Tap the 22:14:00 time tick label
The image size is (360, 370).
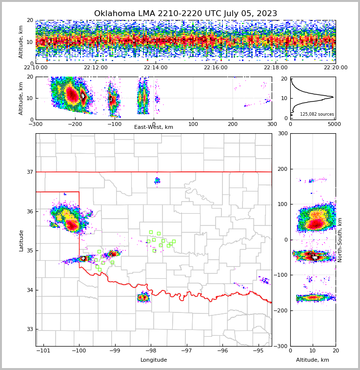[156, 68]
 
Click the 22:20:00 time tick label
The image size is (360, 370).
[335, 68]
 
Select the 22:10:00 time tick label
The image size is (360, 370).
[36, 68]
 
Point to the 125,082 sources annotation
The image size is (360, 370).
[317, 114]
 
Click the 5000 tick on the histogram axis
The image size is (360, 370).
[334, 124]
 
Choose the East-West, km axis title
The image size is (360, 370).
[154, 127]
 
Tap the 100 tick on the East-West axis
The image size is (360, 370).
[193, 124]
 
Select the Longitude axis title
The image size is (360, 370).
[154, 360]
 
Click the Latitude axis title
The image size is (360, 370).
[21, 240]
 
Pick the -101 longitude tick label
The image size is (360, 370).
[43, 351]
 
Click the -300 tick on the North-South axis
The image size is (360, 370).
[281, 346]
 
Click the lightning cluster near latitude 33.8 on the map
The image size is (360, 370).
[143, 297]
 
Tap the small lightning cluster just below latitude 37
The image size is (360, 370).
[157, 181]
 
